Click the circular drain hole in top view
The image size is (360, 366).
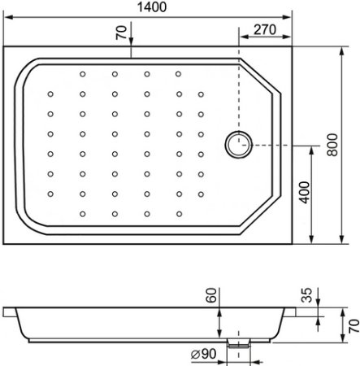click(x=238, y=145)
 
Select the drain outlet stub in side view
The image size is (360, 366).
click(x=237, y=342)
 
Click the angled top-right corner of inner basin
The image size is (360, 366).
click(x=262, y=73)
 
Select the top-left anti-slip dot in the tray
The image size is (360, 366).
click(x=83, y=74)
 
